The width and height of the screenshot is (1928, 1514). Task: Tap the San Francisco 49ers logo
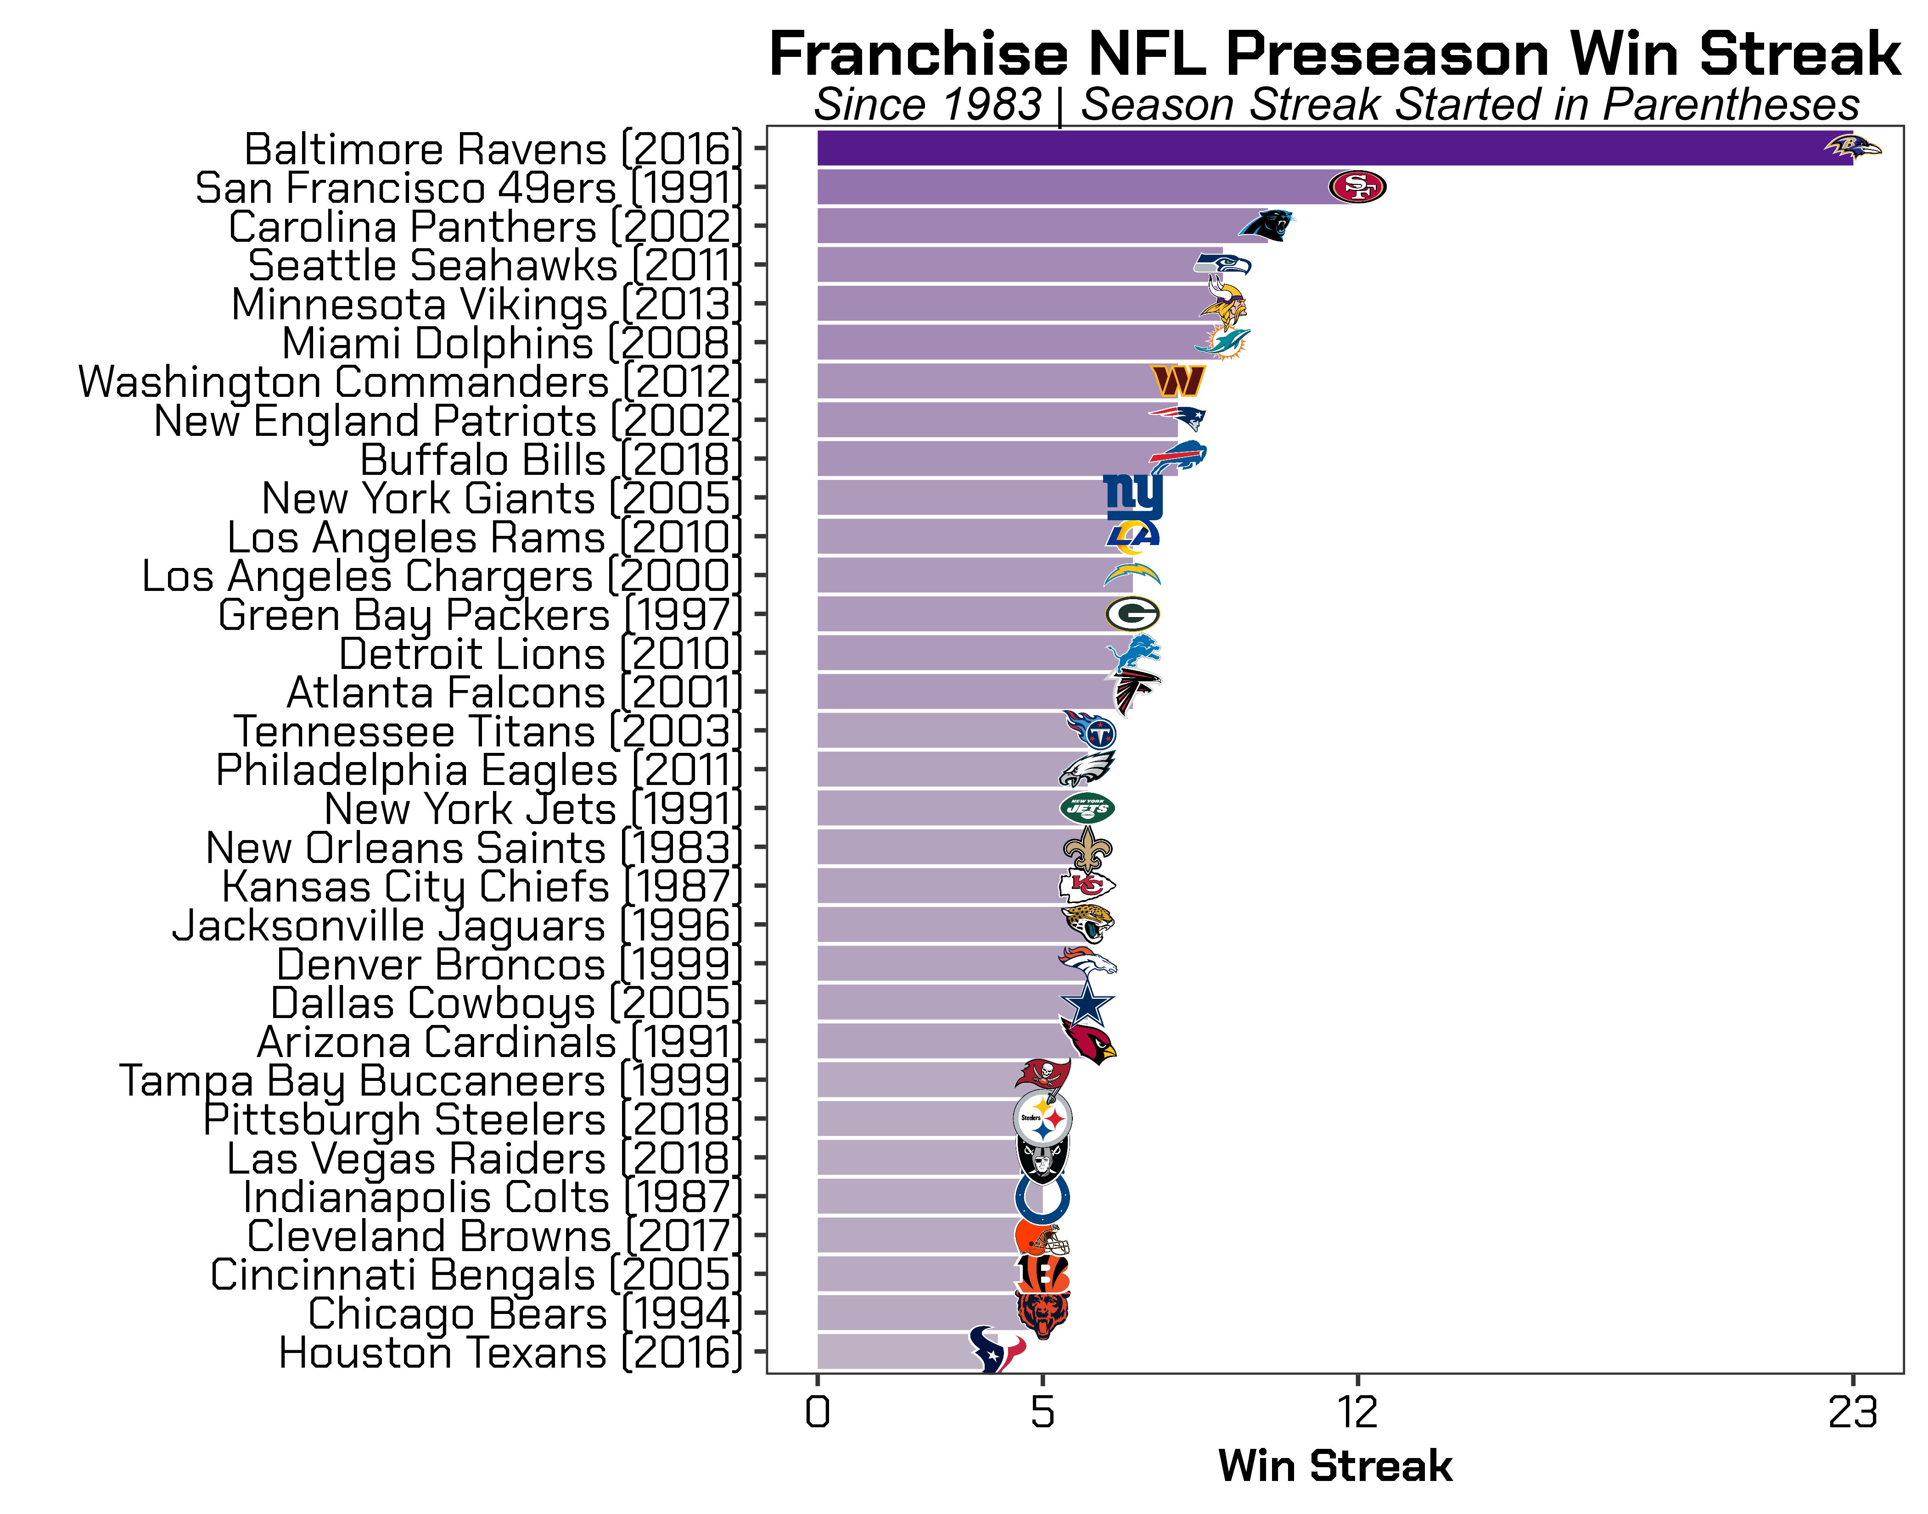click(x=1357, y=187)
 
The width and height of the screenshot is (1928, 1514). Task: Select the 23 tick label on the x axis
click(x=1853, y=1412)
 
